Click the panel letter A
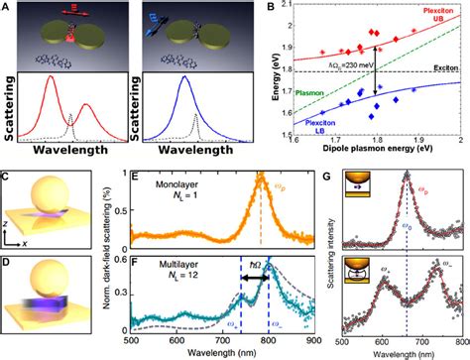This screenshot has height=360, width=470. pos(7,8)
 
